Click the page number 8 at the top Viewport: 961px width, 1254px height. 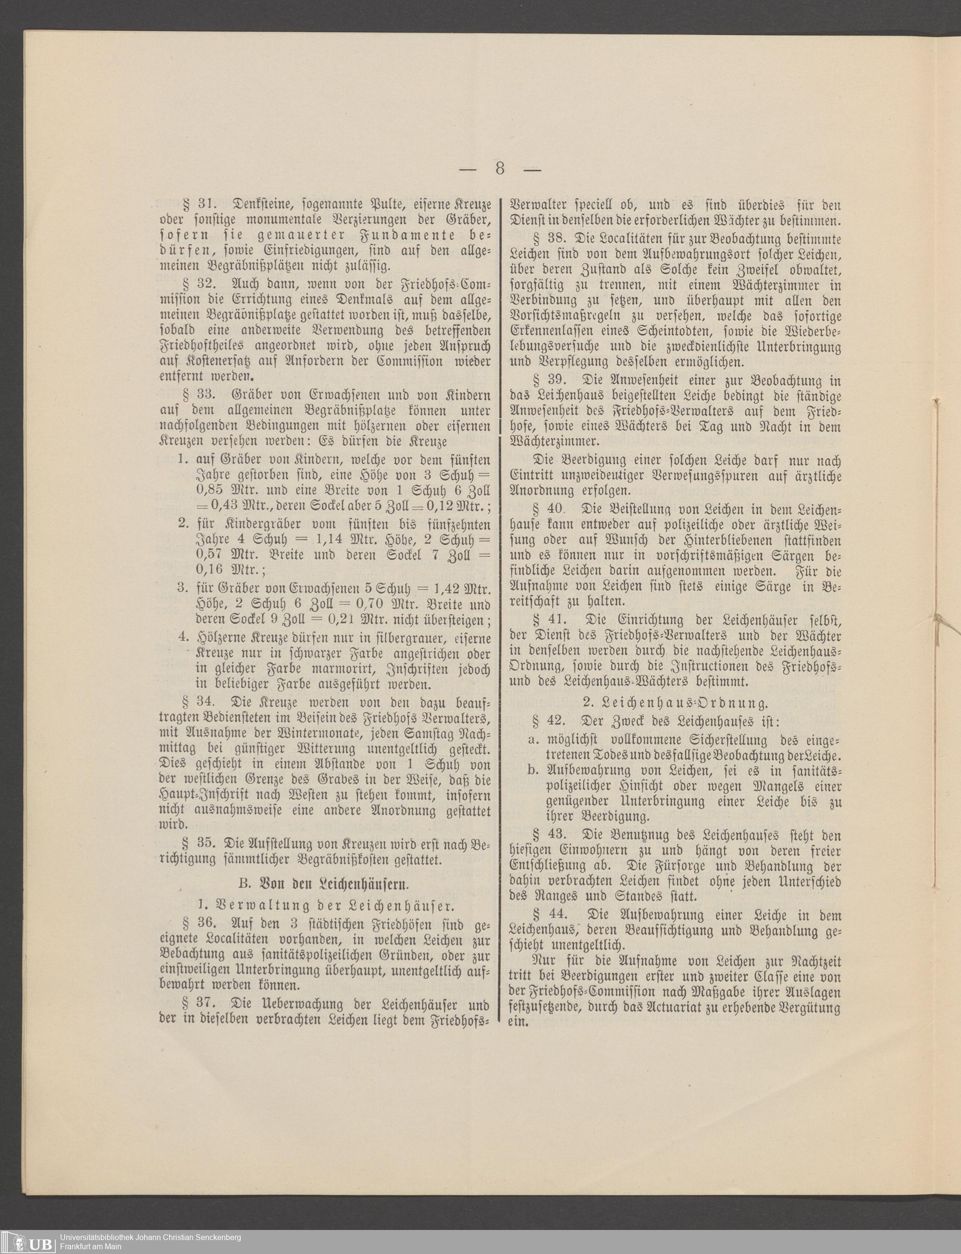[500, 169]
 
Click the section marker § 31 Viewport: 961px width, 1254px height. [198, 204]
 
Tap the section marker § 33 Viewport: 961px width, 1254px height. [198, 395]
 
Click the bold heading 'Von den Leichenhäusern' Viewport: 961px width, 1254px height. [325, 883]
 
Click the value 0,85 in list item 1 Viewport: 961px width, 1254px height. [210, 490]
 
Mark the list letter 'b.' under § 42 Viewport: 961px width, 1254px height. [534, 770]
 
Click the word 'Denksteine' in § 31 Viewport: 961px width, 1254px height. [266, 204]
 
